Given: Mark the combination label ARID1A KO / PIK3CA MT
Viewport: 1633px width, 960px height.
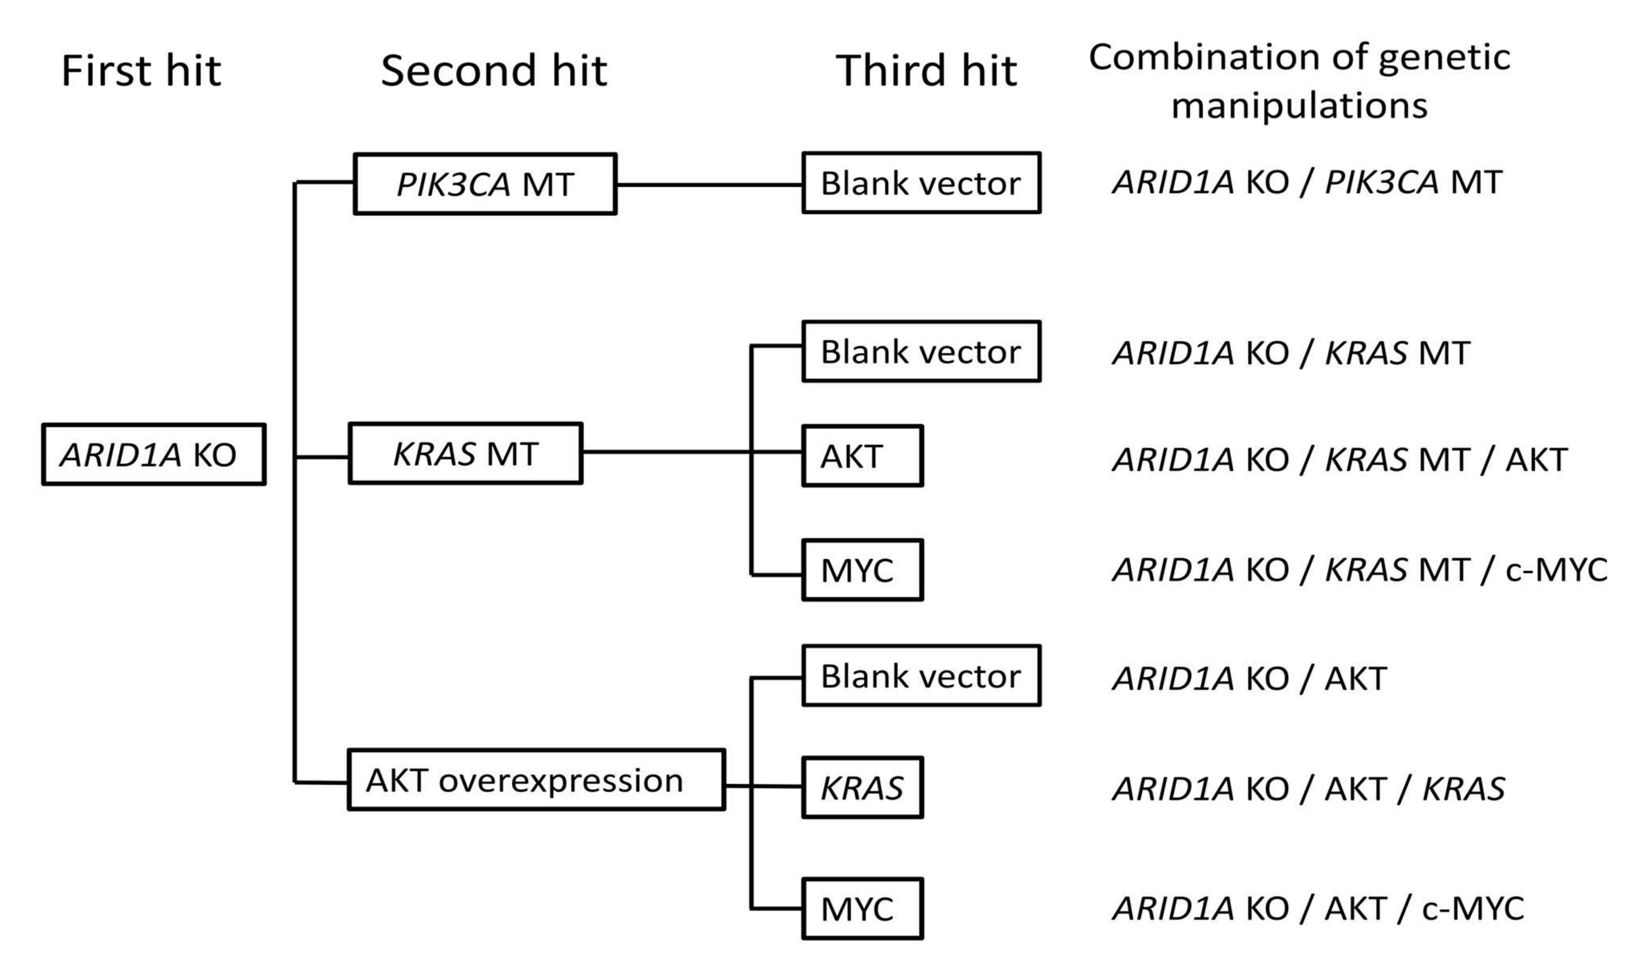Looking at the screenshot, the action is tap(1307, 182).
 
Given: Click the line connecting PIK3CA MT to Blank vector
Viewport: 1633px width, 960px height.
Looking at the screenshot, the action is tap(709, 185).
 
